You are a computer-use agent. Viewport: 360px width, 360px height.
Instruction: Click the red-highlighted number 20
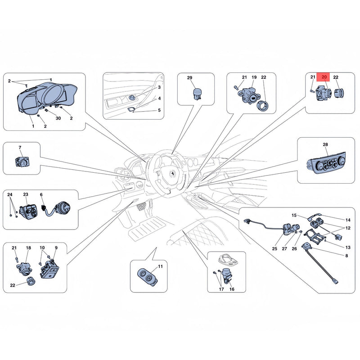324,77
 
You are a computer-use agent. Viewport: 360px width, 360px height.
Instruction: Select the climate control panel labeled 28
326,164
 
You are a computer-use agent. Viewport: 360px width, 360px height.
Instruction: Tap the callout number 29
189,77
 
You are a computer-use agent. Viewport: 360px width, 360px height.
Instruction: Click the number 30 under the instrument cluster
58,118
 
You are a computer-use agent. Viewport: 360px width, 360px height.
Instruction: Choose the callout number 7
20,148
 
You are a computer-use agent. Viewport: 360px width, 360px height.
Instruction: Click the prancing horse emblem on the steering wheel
171,173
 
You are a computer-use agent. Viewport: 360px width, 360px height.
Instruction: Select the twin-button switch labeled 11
148,276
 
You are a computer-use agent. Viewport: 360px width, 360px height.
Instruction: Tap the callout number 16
232,289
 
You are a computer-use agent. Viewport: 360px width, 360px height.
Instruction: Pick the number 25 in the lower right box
274,249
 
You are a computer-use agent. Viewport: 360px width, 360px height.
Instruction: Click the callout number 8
346,256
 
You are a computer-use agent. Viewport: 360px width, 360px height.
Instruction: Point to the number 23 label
26,194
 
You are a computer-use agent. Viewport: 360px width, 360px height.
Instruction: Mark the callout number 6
41,195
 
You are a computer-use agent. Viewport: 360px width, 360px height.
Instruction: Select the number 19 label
254,77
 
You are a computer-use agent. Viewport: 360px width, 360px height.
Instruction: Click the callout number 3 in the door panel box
159,87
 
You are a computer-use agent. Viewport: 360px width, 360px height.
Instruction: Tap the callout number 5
159,110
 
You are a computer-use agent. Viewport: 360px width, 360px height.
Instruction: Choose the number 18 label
28,248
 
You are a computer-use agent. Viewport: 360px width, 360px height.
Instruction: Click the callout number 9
56,248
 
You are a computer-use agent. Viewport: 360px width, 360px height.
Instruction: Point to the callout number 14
348,220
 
